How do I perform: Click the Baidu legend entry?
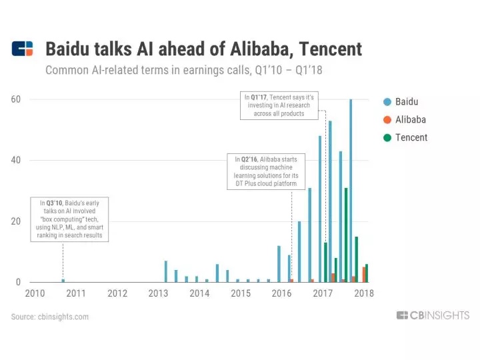[406, 102]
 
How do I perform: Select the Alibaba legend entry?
[409, 120]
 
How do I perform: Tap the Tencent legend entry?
[411, 137]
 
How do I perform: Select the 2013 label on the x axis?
[159, 293]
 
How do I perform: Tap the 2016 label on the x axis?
[282, 293]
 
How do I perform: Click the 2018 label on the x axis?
[364, 293]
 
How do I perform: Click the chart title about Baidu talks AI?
[203, 49]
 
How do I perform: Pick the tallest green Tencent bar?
[346, 235]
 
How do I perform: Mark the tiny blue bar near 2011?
[63, 280]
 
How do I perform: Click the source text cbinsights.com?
[50, 317]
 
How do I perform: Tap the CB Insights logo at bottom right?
[433, 315]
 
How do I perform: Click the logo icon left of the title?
[22, 49]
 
